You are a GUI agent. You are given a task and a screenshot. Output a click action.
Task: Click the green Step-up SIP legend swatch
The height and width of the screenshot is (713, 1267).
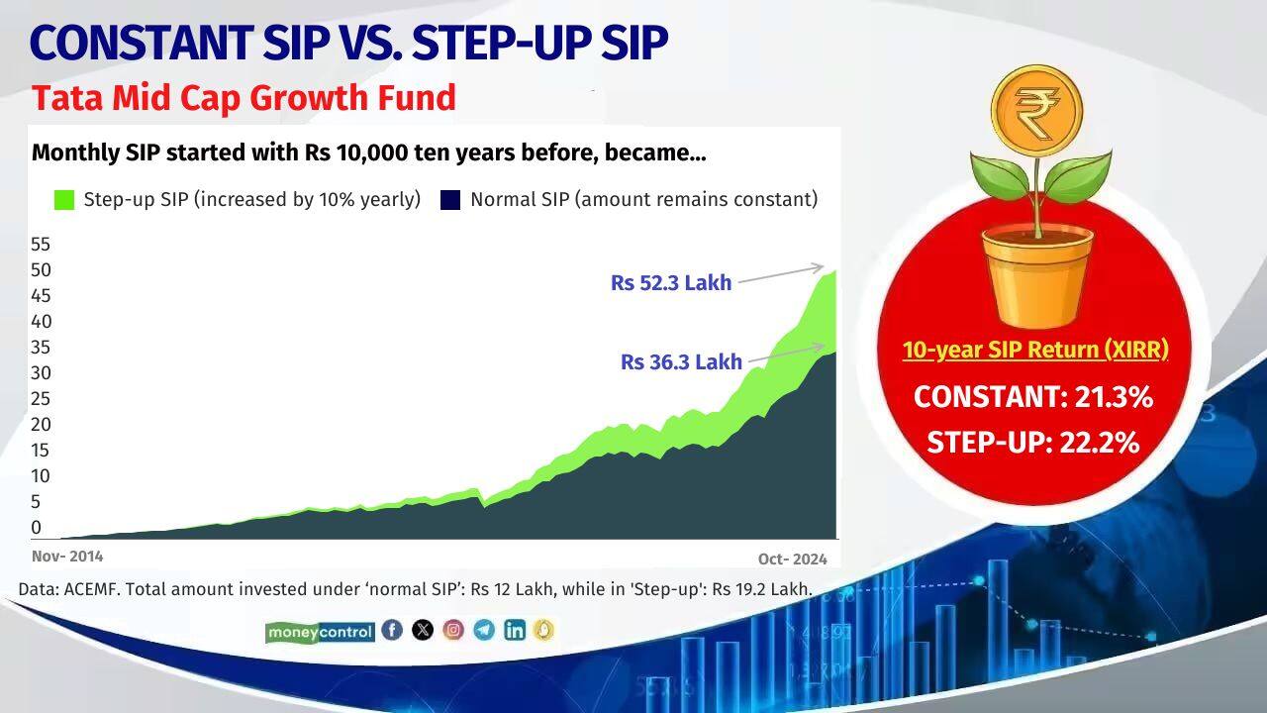coord(64,200)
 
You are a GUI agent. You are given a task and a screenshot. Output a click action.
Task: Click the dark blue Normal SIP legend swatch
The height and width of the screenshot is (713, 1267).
coord(450,200)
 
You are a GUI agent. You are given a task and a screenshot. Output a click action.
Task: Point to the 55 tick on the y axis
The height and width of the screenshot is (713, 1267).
coord(41,245)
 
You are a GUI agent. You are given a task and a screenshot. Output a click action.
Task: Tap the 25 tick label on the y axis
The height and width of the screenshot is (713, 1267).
coord(41,399)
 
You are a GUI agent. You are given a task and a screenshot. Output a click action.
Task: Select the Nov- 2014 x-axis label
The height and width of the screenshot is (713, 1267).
coord(67,557)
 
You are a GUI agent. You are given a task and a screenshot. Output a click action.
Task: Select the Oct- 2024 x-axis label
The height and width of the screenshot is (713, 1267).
coord(793,559)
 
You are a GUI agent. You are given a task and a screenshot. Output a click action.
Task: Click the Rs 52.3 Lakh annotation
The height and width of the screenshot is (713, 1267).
coord(671,283)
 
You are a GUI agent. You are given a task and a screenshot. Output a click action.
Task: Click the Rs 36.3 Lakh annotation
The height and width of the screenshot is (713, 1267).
coord(681,362)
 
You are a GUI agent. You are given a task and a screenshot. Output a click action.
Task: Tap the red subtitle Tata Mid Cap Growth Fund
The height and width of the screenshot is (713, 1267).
coord(244,98)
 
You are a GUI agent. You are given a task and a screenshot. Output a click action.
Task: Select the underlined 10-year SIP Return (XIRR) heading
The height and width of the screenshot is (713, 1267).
coord(1035,350)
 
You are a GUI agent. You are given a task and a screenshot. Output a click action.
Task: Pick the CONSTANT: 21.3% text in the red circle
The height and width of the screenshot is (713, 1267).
coord(1033,397)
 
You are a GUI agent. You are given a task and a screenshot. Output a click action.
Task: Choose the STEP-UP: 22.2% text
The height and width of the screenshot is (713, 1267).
coord(1033,443)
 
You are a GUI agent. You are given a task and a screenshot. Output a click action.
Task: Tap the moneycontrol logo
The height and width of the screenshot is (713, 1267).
coord(320,632)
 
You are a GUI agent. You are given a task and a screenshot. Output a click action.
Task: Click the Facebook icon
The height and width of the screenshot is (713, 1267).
coord(392,630)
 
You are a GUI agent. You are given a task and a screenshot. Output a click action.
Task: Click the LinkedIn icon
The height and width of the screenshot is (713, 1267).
coord(514,630)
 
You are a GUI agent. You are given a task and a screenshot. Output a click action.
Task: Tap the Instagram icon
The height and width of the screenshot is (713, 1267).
coord(453,630)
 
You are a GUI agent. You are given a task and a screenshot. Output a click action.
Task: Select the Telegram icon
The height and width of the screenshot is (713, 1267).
coord(483,630)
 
